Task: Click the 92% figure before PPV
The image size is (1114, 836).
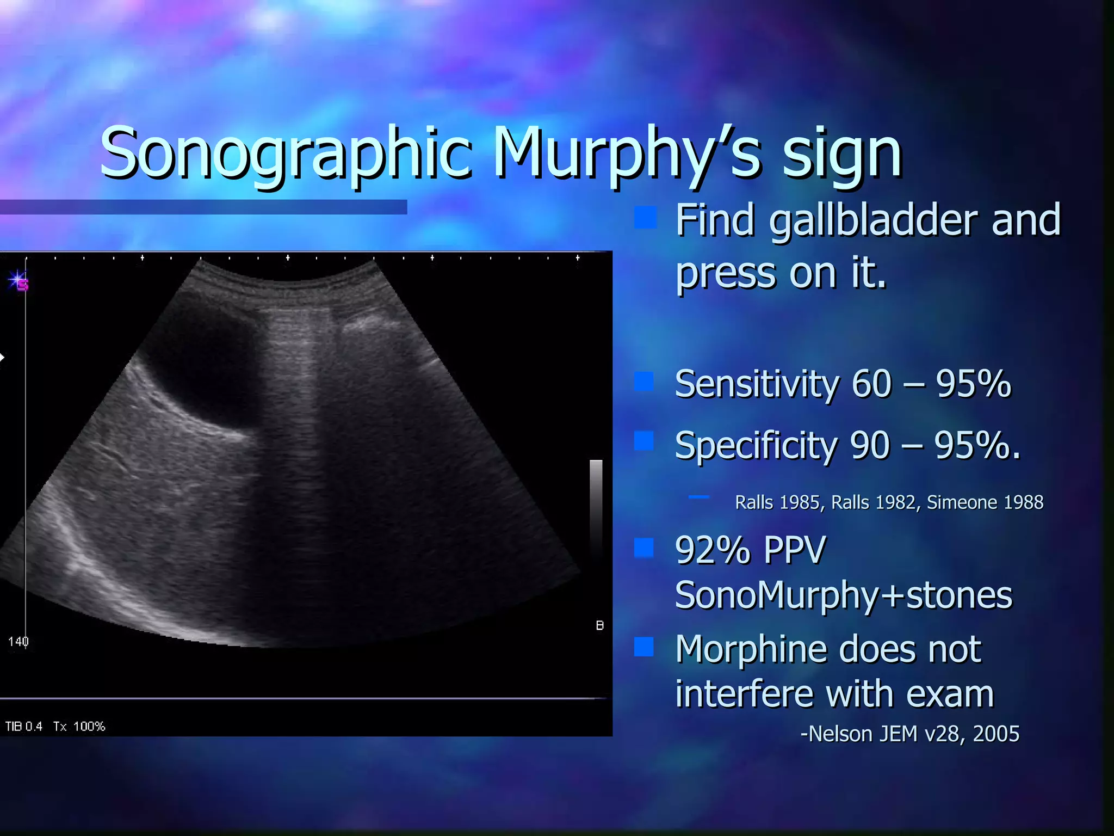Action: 713,550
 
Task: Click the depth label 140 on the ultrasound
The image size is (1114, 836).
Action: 18,642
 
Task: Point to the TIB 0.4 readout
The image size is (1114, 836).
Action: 24,727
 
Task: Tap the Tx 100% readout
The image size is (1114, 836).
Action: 79,727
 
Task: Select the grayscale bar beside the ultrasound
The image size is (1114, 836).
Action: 596,506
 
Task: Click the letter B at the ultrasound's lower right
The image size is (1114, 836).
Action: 599,625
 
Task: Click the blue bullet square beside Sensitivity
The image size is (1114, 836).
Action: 644,382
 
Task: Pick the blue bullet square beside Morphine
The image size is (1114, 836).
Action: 644,647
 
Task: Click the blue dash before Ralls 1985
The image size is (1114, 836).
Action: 698,497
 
